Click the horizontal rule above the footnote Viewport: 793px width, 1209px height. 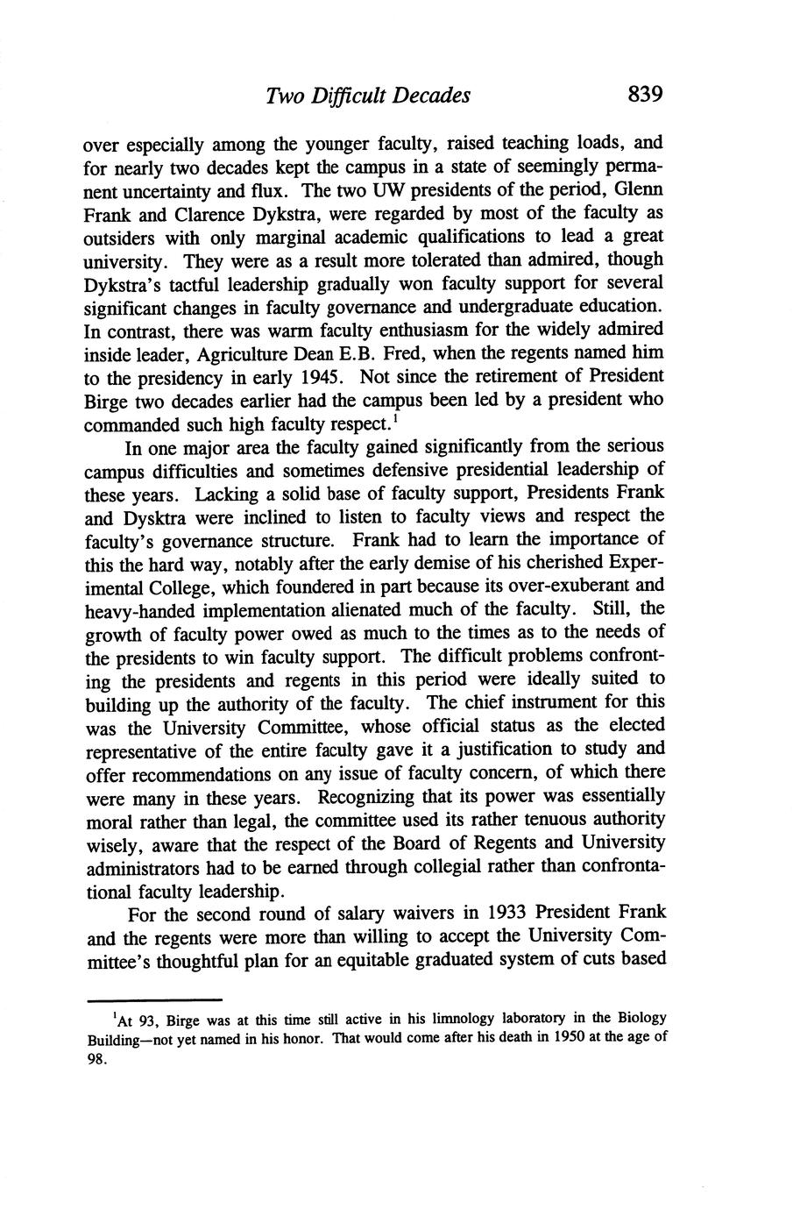(154, 999)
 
